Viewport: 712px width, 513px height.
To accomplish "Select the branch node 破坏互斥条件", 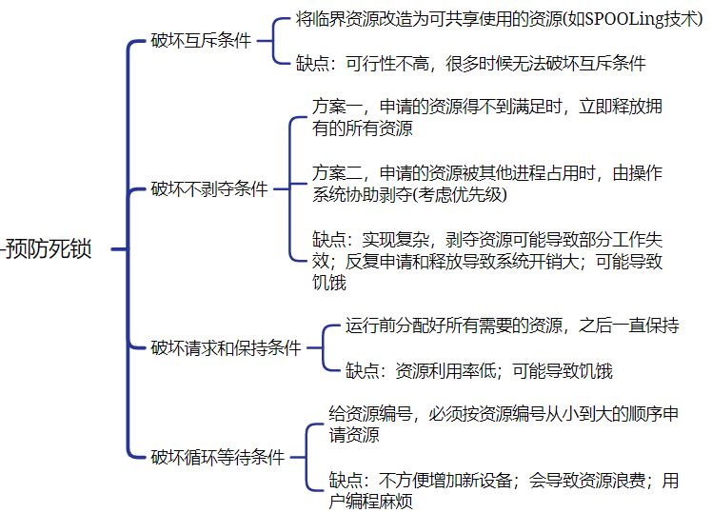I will tap(202, 41).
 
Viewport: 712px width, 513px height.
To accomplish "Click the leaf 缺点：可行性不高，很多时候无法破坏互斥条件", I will tap(470, 64).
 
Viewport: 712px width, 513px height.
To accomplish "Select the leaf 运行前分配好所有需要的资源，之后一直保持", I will tap(512, 326).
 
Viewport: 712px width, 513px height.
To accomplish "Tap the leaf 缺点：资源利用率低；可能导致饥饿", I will tap(479, 371).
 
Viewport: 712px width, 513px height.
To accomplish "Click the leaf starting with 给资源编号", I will tap(504, 424).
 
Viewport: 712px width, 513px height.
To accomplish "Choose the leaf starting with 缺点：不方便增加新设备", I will tap(504, 491).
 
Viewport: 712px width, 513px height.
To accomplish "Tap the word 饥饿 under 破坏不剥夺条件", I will tap(329, 283).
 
